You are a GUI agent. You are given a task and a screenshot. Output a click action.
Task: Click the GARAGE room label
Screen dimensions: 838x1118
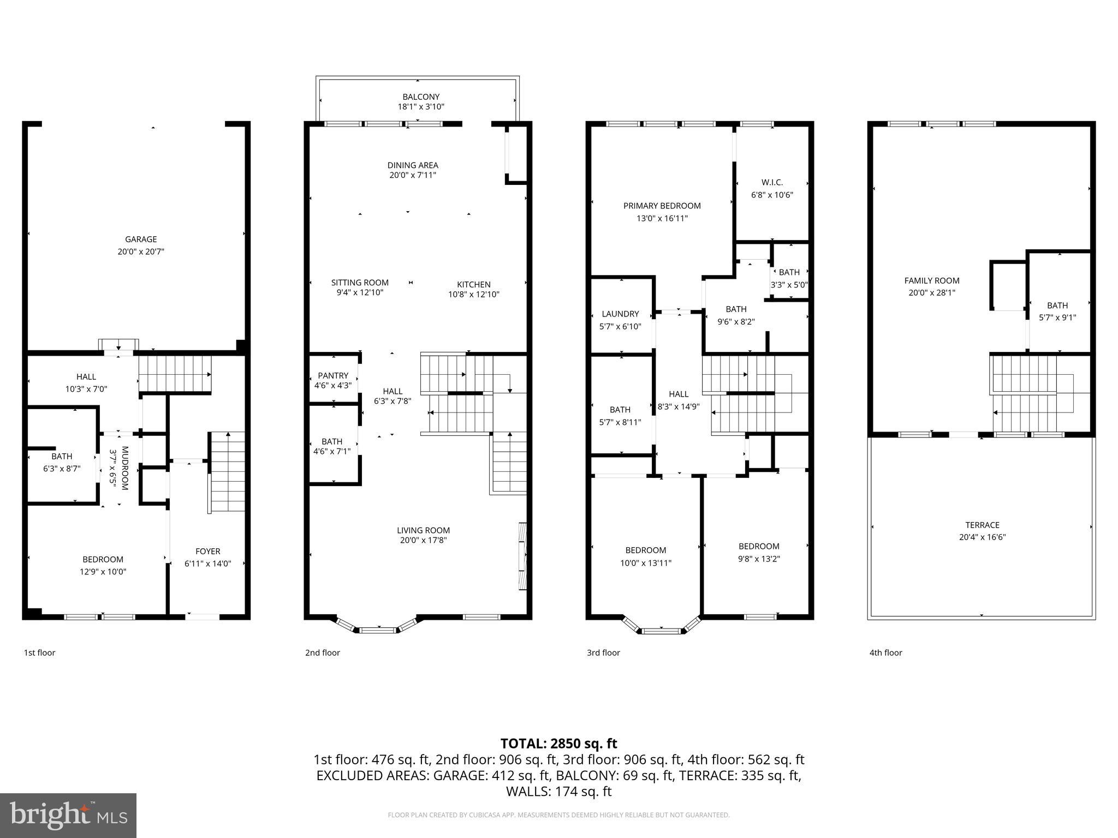pyautogui.click(x=141, y=239)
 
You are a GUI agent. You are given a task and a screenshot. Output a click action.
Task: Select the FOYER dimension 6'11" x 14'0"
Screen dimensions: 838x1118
pyautogui.click(x=208, y=564)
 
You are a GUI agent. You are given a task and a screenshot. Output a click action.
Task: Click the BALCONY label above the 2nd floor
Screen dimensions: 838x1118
pyautogui.click(x=421, y=97)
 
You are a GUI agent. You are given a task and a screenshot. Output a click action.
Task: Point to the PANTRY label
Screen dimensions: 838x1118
pyautogui.click(x=333, y=375)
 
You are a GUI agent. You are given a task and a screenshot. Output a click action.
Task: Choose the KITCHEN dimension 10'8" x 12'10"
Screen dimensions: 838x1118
pyautogui.click(x=474, y=295)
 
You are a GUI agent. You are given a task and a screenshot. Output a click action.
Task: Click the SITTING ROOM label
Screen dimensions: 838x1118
pyautogui.click(x=360, y=283)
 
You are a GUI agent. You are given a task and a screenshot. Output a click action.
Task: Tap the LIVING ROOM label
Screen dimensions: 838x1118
pyautogui.click(x=423, y=530)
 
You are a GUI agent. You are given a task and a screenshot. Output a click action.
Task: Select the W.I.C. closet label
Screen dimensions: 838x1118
pyautogui.click(x=772, y=183)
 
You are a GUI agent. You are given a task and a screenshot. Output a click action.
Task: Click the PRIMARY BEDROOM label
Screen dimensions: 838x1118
pyautogui.click(x=662, y=206)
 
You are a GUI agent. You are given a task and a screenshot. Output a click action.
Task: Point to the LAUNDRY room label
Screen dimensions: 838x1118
pyautogui.click(x=620, y=314)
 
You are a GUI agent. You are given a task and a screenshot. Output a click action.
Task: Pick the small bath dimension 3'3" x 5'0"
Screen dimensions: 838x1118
pyautogui.click(x=789, y=285)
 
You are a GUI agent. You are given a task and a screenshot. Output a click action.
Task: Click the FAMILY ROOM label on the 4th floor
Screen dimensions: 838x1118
pyautogui.click(x=931, y=280)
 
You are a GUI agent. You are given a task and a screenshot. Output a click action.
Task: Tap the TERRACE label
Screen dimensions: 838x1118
pyautogui.click(x=982, y=525)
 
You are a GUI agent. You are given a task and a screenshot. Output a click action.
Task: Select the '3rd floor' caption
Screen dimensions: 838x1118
pyautogui.click(x=603, y=653)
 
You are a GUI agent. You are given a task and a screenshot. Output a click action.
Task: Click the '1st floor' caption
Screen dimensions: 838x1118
pyautogui.click(x=39, y=653)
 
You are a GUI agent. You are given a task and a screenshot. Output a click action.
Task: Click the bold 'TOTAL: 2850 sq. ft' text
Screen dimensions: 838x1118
pyautogui.click(x=558, y=744)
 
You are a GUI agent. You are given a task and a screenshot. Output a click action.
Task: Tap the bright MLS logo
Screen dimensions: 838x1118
pyautogui.click(x=68, y=816)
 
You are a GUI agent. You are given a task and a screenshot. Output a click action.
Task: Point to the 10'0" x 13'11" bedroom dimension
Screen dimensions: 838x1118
pyautogui.click(x=646, y=563)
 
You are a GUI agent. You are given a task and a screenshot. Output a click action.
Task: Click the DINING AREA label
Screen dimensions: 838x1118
pyautogui.click(x=413, y=165)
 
